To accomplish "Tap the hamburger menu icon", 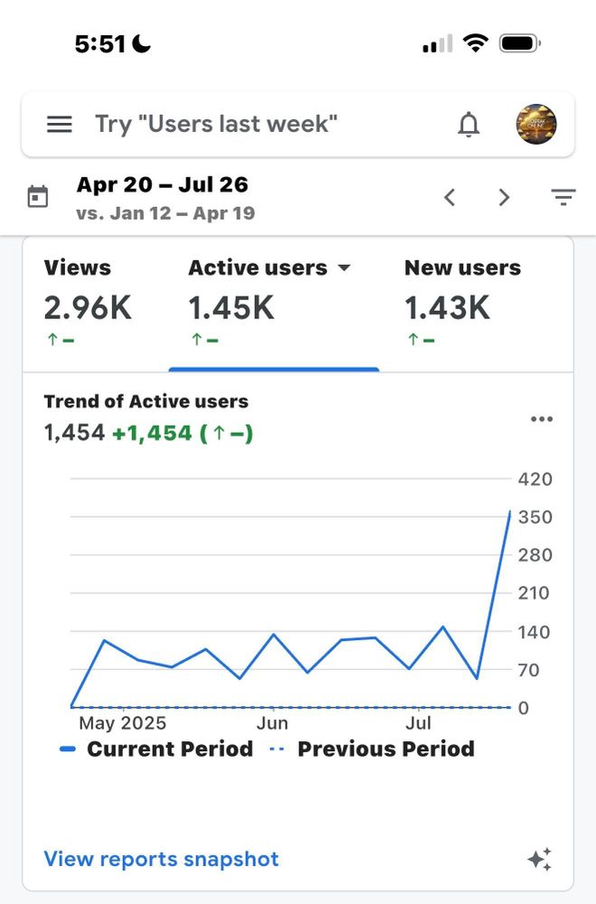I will tap(60, 125).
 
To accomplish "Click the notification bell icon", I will tap(468, 125).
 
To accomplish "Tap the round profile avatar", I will tap(535, 125).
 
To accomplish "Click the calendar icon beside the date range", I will tap(38, 197).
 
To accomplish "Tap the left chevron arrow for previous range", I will tap(449, 197).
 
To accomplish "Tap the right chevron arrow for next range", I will tap(505, 197).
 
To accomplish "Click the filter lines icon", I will tap(563, 197).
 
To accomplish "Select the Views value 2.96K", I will tap(88, 308).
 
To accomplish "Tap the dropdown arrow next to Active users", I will tap(344, 268).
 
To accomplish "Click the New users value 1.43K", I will tap(447, 308).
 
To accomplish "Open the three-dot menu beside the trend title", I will tap(542, 419).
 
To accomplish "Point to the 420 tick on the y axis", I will tap(535, 479).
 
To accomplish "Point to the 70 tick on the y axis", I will tap(529, 670).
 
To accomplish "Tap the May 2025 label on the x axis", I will tap(122, 723).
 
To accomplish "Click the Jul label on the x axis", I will tap(418, 723).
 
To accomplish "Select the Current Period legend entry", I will tap(157, 749).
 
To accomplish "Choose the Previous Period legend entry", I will tap(373, 749).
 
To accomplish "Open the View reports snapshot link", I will tap(161, 859).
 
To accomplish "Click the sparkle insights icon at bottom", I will tap(540, 860).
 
